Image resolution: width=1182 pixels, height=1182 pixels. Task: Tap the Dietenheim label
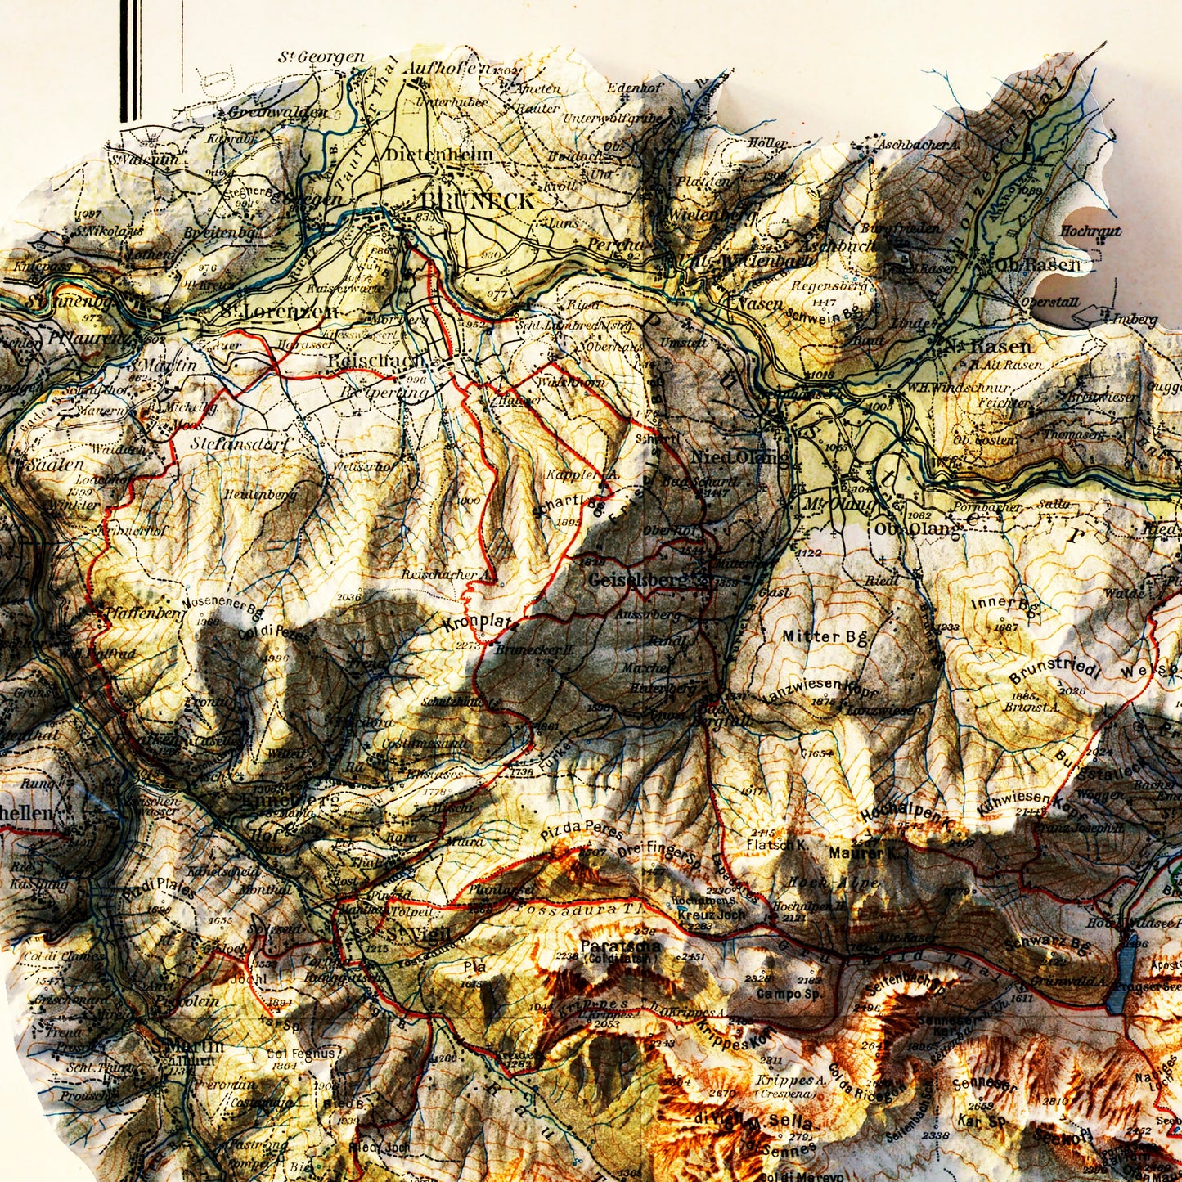(439, 155)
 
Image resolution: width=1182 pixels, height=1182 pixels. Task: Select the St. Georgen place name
(321, 57)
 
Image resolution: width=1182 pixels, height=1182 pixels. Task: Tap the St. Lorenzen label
(279, 312)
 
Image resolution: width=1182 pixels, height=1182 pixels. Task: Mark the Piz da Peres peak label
(582, 832)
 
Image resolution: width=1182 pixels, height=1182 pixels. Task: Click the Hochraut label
(1090, 231)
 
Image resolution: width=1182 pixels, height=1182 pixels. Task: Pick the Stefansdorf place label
(231, 444)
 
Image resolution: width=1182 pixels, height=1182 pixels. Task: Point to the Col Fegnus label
(300, 1054)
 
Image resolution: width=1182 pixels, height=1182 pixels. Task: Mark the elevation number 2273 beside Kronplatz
(468, 645)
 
